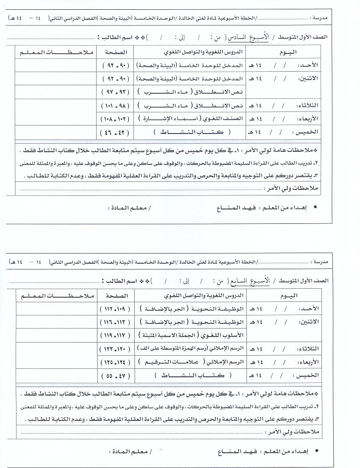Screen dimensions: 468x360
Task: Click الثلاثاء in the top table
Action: point(312,106)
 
